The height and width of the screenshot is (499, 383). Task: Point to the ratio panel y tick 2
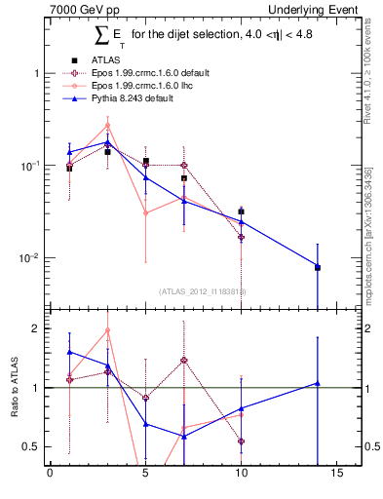[35, 328]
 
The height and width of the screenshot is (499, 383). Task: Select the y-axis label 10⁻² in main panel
[29, 258]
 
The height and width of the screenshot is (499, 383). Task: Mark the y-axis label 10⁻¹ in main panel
[29, 166]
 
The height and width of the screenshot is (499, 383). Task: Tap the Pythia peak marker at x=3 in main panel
[107, 142]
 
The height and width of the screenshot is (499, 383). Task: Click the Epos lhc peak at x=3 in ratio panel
[107, 329]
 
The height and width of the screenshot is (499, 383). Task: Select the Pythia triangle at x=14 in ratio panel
[318, 383]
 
